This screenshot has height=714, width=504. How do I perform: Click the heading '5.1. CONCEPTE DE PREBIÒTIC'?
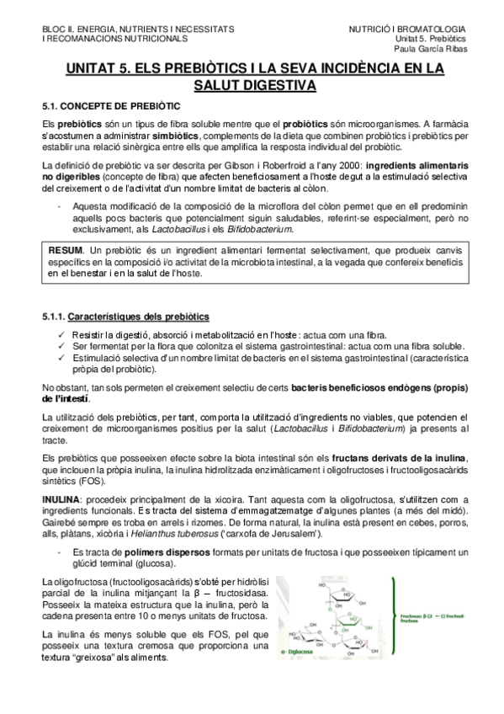pos(110,108)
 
